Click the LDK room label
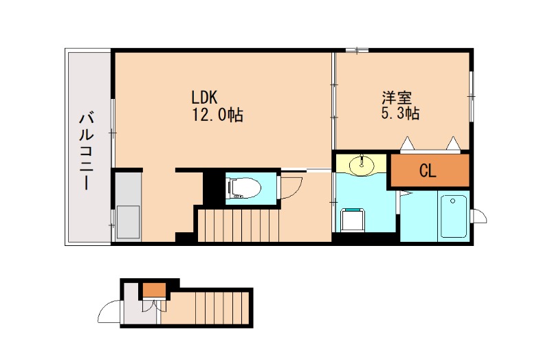204,97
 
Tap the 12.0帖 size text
217,115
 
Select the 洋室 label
397,97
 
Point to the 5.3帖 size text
400,113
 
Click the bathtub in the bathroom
454,216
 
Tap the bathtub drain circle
453,201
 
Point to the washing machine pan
352,219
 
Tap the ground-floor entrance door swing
109,313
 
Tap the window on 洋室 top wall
356,50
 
